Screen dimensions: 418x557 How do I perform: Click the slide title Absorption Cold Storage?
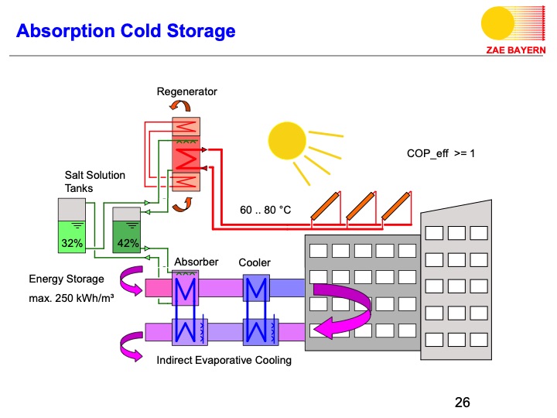click(x=125, y=32)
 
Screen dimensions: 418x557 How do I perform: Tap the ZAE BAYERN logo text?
click(x=516, y=50)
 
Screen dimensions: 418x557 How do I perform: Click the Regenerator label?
click(x=186, y=91)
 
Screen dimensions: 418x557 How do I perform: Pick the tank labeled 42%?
click(x=127, y=231)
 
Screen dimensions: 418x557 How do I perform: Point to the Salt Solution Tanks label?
click(x=94, y=181)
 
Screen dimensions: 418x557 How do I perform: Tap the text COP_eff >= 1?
click(x=440, y=153)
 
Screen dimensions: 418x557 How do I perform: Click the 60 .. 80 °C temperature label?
click(x=265, y=209)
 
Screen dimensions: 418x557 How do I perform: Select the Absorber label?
click(x=196, y=262)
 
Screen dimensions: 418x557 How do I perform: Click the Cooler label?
click(x=254, y=262)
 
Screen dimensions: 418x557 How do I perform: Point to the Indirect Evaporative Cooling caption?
click(x=224, y=360)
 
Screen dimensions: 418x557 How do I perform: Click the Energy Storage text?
click(x=66, y=279)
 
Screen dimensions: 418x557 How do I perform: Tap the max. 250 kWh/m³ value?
click(x=71, y=296)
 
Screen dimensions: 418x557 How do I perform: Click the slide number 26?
click(x=462, y=402)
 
